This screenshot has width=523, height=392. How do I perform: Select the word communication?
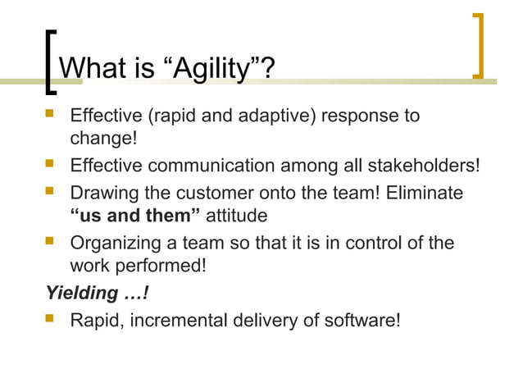(211, 166)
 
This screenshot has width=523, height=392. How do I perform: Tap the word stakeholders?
(419, 166)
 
